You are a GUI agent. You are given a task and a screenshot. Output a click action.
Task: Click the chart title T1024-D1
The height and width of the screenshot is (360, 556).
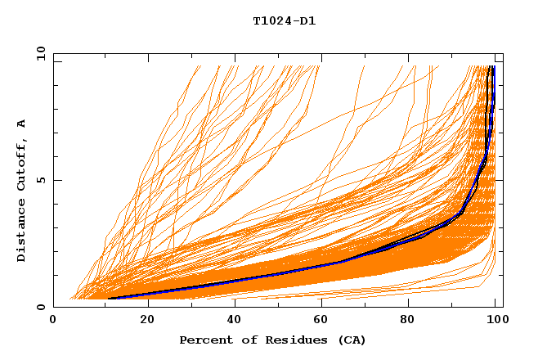tap(284, 20)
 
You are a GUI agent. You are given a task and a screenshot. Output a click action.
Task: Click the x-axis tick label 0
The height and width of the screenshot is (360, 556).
tap(53, 321)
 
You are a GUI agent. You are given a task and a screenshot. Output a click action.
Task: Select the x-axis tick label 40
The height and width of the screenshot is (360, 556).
tap(235, 321)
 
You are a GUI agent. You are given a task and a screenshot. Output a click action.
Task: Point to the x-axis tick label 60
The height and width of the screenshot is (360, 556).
tap(325, 321)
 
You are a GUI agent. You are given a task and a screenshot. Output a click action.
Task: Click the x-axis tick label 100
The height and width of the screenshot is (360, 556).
tap(497, 321)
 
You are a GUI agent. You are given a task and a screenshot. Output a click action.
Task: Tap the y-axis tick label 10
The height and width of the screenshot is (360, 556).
tap(40, 53)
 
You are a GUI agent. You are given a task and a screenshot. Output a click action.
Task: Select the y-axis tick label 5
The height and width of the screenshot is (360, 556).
tap(43, 180)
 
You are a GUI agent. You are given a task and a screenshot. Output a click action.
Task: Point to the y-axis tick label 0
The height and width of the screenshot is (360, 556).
tap(43, 307)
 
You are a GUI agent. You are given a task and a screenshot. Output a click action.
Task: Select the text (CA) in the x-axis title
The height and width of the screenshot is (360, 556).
tap(352, 340)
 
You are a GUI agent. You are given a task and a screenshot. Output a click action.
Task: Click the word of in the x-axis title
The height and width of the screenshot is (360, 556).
tap(246, 340)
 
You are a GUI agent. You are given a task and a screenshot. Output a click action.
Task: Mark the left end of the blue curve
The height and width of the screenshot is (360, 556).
tap(108, 298)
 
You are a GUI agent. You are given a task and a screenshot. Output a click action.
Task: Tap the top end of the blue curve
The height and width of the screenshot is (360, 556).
tap(491, 67)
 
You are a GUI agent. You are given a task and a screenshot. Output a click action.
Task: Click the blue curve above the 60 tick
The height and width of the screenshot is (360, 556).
tap(325, 265)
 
